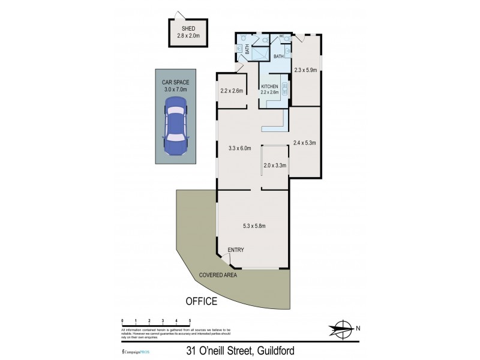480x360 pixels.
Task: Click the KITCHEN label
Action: point(270,86)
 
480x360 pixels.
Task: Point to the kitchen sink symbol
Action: point(284,89)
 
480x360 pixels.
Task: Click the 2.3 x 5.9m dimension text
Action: point(305,70)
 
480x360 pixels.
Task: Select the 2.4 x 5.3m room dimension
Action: point(305,143)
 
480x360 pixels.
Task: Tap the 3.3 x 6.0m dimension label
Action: point(240,148)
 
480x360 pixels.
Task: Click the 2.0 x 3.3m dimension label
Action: point(275,166)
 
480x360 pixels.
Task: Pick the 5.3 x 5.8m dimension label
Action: point(254,226)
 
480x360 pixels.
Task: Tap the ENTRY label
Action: point(235,250)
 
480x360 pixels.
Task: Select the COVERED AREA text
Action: point(219,275)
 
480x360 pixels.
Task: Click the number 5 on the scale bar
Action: point(190,321)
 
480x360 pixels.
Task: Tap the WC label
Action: point(281,37)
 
